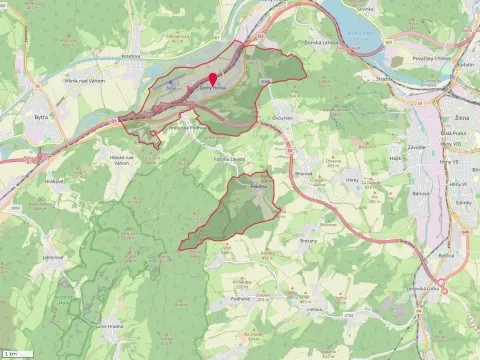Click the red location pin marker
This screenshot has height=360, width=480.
click(212, 79)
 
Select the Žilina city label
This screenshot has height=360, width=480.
click(461, 117)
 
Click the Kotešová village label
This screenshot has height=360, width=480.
click(131, 56)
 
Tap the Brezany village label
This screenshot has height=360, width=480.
click(311, 241)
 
